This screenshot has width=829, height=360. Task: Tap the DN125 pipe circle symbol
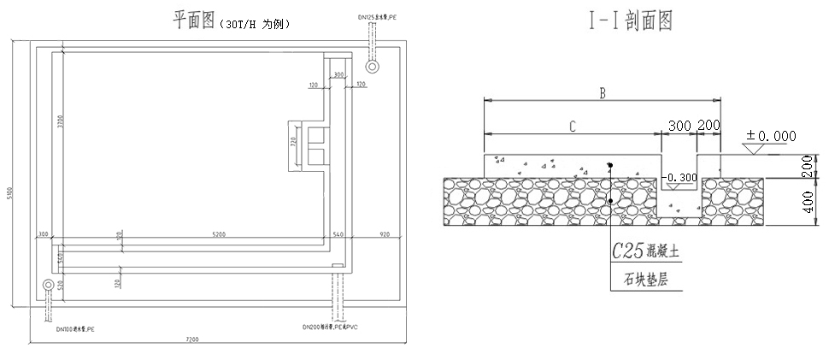pos(372,66)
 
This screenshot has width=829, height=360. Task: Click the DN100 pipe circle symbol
pos(49,284)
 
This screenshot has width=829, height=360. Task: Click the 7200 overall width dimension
pos(191,339)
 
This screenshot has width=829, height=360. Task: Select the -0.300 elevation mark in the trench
pos(680,178)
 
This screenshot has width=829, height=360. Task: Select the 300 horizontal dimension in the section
pos(679,126)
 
